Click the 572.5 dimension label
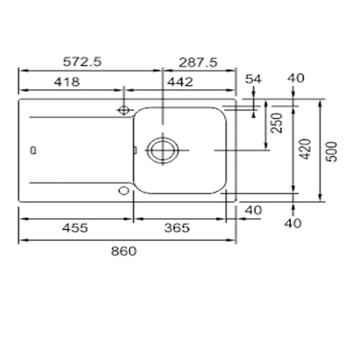[x=82, y=62]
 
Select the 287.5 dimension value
[x=198, y=63]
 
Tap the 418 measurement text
[x=67, y=82]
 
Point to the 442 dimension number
[x=180, y=82]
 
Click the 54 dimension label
[x=253, y=79]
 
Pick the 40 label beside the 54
[x=296, y=78]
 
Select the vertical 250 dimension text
[x=276, y=123]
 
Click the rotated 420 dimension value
[x=305, y=149]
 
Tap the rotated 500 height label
[x=333, y=152]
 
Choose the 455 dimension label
[x=75, y=228]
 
